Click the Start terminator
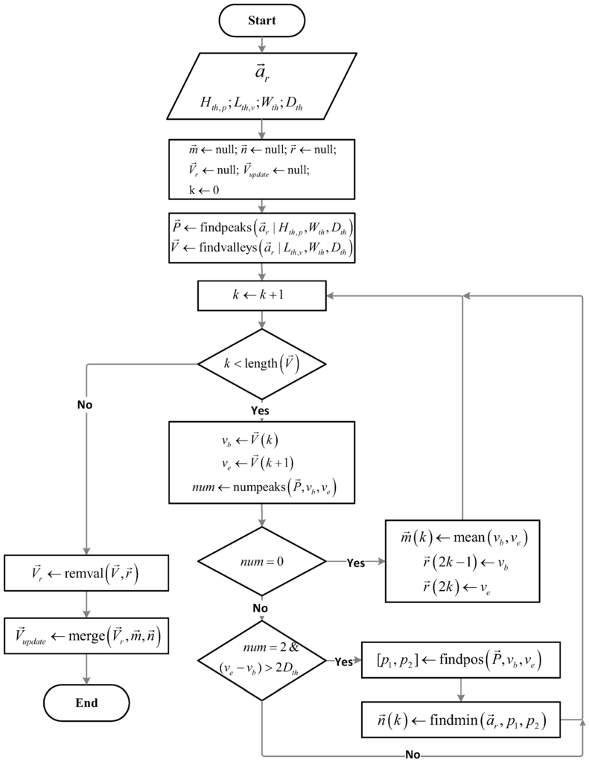[x=262, y=20]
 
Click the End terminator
[x=87, y=702]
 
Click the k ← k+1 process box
[x=262, y=295]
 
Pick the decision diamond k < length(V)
[x=262, y=365]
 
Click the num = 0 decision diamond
[x=262, y=563]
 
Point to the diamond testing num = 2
[x=262, y=659]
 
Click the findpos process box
[x=461, y=659]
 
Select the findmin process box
[x=461, y=720]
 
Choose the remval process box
[x=87, y=574]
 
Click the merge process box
[x=87, y=636]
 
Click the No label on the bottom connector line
[x=413, y=754]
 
